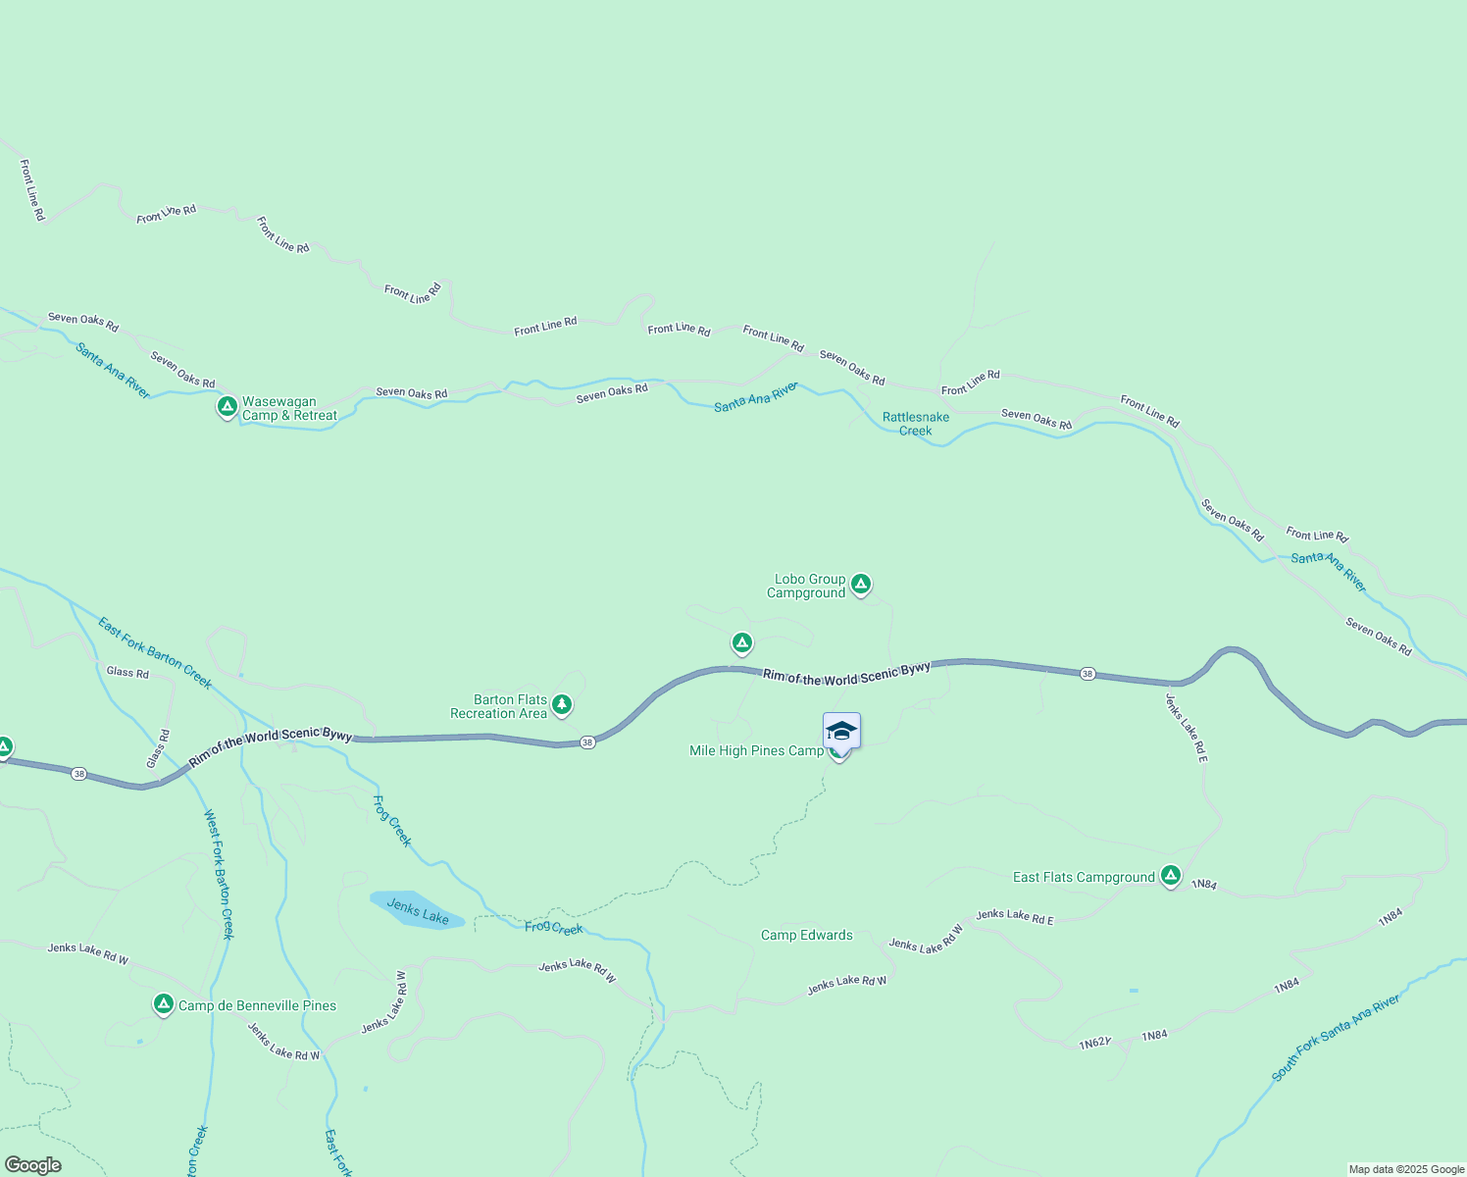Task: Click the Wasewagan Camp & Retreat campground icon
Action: (227, 406)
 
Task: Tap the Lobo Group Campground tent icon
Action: (861, 585)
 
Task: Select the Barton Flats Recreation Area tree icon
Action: (561, 704)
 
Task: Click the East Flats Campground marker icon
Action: (1170, 875)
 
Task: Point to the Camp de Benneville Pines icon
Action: (164, 1004)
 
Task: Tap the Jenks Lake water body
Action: (416, 910)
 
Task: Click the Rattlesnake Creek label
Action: (916, 424)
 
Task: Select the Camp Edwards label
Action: (807, 935)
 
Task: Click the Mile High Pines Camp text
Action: (756, 750)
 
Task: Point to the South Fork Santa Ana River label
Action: (1336, 1039)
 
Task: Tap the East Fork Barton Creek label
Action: (155, 653)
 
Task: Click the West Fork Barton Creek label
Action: (219, 874)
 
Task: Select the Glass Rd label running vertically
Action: (158, 749)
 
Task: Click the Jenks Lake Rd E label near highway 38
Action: (1186, 728)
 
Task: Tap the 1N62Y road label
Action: (1095, 1044)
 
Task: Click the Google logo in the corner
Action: (33, 1165)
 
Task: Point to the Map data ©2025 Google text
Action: (1405, 1169)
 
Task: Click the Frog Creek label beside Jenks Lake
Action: (553, 928)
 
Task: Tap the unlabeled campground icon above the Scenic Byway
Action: (742, 643)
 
